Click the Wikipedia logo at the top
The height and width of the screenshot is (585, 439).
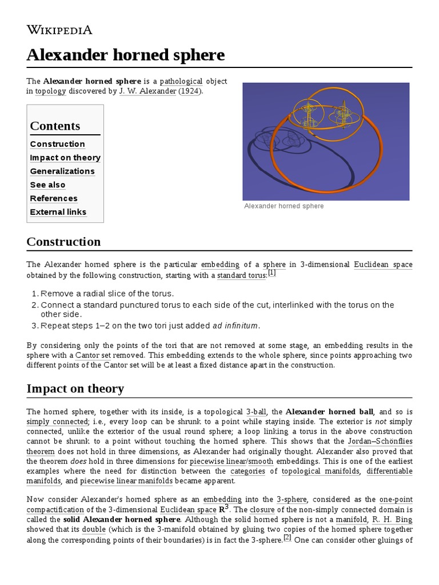point(59,30)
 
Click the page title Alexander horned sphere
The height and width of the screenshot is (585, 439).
point(125,55)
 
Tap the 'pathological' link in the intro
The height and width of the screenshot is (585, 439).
point(181,81)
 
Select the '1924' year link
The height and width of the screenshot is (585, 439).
point(189,91)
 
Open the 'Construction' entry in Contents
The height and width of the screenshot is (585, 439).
point(57,144)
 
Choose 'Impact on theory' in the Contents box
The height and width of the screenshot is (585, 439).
point(65,158)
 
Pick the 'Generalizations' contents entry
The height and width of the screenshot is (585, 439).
point(62,171)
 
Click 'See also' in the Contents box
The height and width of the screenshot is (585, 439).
point(47,185)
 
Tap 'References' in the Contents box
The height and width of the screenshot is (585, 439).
point(54,198)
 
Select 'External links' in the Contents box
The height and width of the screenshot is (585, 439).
point(58,212)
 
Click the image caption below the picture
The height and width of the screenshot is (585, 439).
point(284,206)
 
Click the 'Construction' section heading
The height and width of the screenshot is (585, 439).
point(63,242)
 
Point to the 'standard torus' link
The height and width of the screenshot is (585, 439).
point(241,275)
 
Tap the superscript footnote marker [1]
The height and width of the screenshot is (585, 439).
point(272,273)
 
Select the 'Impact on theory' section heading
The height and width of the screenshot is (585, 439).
point(75,389)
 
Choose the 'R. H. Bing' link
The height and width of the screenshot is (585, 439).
point(392,519)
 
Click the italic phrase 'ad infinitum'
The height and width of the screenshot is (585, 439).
point(236,326)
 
